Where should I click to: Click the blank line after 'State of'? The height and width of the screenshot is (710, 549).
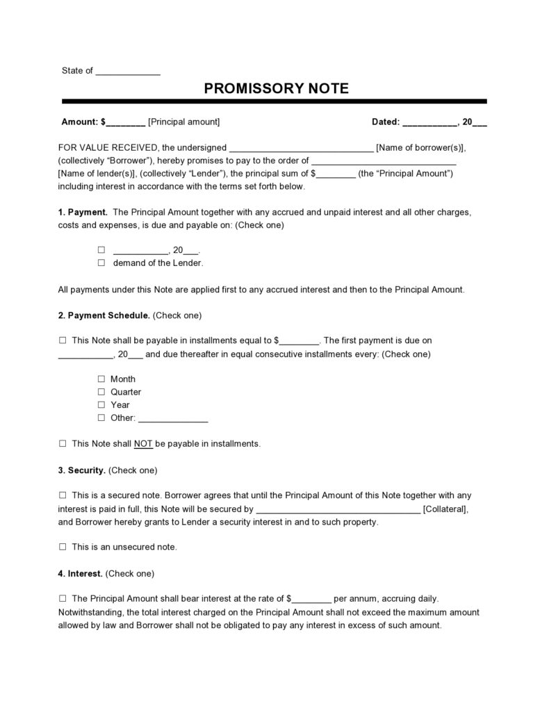[128, 72]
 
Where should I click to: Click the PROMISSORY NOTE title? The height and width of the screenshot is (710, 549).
[276, 89]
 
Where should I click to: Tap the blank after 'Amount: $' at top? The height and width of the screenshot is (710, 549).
[126, 122]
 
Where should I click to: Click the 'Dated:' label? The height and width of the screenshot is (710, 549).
[386, 122]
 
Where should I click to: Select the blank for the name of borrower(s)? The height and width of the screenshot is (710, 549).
[301, 148]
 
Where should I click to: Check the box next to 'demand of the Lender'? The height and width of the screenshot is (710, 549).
[101, 263]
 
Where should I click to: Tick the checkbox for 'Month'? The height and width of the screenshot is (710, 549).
[101, 379]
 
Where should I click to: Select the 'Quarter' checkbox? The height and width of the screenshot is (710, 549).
[101, 392]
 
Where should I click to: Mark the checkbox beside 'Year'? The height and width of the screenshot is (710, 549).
[101, 404]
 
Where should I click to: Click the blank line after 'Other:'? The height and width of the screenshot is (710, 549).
[173, 419]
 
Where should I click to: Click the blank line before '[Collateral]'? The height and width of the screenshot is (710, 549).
[338, 509]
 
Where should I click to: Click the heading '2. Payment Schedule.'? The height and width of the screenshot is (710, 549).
[104, 315]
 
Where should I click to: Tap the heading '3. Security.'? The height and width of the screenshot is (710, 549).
[82, 470]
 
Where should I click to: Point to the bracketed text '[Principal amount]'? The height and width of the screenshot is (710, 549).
[184, 122]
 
